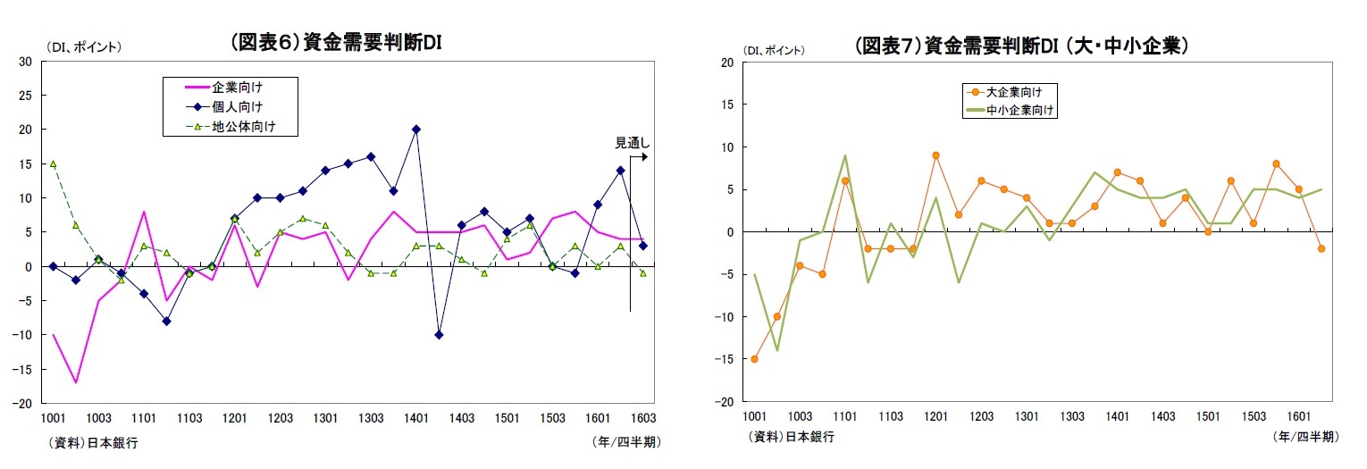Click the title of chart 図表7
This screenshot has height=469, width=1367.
coord(1020,46)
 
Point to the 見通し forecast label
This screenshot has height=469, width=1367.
coord(633,142)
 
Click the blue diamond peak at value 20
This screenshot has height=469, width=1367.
coord(416,130)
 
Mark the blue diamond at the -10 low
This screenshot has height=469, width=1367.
coord(439,335)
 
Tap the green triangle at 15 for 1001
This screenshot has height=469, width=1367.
coord(54,164)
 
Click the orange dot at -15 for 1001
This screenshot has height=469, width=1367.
coord(754,359)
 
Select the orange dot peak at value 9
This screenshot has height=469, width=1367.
coord(935,155)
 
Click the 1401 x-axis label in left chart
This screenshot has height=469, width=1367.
coord(416,418)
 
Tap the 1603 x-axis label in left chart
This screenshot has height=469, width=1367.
coord(642,418)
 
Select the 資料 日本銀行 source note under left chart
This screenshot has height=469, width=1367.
coord(89,442)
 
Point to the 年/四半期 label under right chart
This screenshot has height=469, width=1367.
coord(1305,437)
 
